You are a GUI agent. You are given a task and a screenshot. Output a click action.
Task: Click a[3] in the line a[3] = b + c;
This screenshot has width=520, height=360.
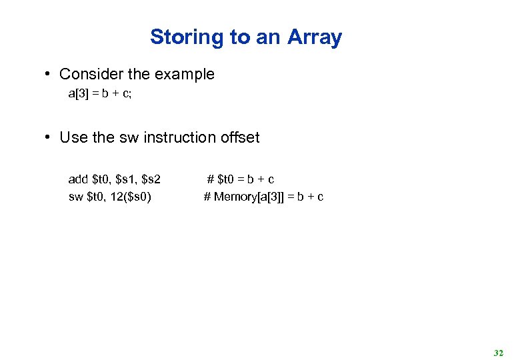click(x=78, y=94)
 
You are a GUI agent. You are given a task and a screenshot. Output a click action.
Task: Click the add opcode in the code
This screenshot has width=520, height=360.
click(x=78, y=179)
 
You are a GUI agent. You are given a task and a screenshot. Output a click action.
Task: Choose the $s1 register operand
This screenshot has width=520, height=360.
click(x=126, y=179)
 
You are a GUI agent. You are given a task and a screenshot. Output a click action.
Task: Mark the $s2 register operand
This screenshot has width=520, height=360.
click(x=152, y=179)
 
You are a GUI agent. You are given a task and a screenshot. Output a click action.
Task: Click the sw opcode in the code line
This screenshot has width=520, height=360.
click(x=76, y=197)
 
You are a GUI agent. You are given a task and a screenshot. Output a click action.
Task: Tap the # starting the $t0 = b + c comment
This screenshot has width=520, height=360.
click(x=211, y=179)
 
